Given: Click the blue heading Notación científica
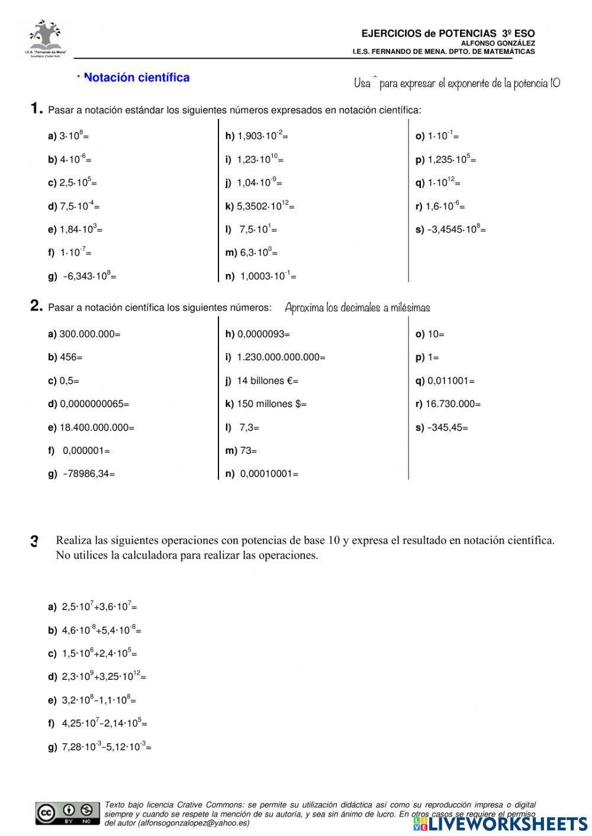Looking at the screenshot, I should tap(136, 78).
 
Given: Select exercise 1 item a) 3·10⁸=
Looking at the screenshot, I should tap(68, 135).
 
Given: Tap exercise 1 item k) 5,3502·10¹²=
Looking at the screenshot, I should tap(259, 206).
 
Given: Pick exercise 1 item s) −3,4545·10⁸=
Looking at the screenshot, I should tap(451, 229).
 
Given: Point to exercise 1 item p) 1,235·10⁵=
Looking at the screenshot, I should tap(446, 159).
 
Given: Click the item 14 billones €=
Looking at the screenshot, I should tap(262, 381).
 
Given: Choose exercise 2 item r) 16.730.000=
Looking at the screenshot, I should tap(448, 404).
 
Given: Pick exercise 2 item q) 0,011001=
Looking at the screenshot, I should tap(445, 381).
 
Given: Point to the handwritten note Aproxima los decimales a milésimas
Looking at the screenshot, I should tap(357, 308).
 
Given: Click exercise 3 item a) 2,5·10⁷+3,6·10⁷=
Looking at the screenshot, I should tap(92, 606).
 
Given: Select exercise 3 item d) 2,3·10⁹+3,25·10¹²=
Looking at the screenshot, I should tap(97, 676).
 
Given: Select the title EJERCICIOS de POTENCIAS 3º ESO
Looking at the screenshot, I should tap(448, 34).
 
